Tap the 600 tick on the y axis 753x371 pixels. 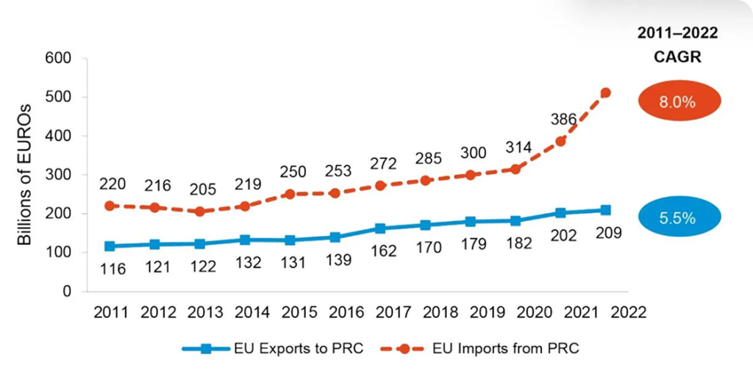59,58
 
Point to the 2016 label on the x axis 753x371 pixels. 346,311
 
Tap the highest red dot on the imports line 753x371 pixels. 606,93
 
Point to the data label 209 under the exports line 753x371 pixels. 609,233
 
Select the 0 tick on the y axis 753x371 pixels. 67,292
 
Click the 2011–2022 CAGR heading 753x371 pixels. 677,46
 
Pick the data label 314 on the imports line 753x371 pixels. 517,148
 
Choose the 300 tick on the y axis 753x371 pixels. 59,175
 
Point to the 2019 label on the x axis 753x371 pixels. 486,311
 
